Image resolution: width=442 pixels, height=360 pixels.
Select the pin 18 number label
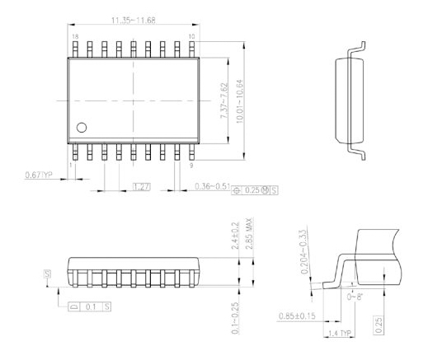coord(76,37)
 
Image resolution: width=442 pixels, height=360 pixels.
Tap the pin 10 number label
coord(192,37)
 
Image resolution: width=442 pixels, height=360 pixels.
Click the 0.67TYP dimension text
coord(38,175)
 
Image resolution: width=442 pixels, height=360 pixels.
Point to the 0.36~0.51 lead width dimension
coord(213,189)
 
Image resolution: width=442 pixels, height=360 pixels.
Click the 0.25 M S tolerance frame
coord(257,189)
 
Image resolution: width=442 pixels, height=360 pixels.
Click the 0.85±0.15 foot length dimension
coord(300,313)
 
